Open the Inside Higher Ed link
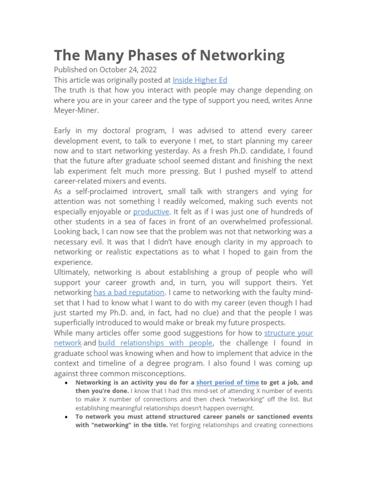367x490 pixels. tap(200, 80)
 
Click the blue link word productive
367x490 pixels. tap(151, 212)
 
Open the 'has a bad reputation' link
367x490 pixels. tap(129, 292)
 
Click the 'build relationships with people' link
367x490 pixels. tap(155, 343)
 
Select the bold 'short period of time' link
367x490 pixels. tap(227, 382)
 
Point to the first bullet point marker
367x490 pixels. tap(65, 384)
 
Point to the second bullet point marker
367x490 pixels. tap(65, 417)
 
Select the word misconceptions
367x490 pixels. tap(161, 373)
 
